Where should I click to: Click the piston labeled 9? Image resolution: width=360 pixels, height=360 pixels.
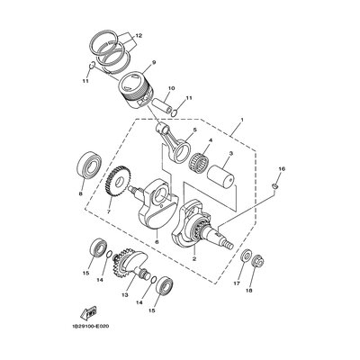coord(136,88)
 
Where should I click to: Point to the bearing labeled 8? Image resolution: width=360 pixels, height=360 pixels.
coord(89,166)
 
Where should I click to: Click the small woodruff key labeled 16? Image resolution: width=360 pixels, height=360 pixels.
coord(275,186)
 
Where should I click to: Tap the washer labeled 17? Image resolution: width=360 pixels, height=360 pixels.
coord(247,255)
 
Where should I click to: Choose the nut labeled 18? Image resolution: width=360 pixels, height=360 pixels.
coord(258,260)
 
